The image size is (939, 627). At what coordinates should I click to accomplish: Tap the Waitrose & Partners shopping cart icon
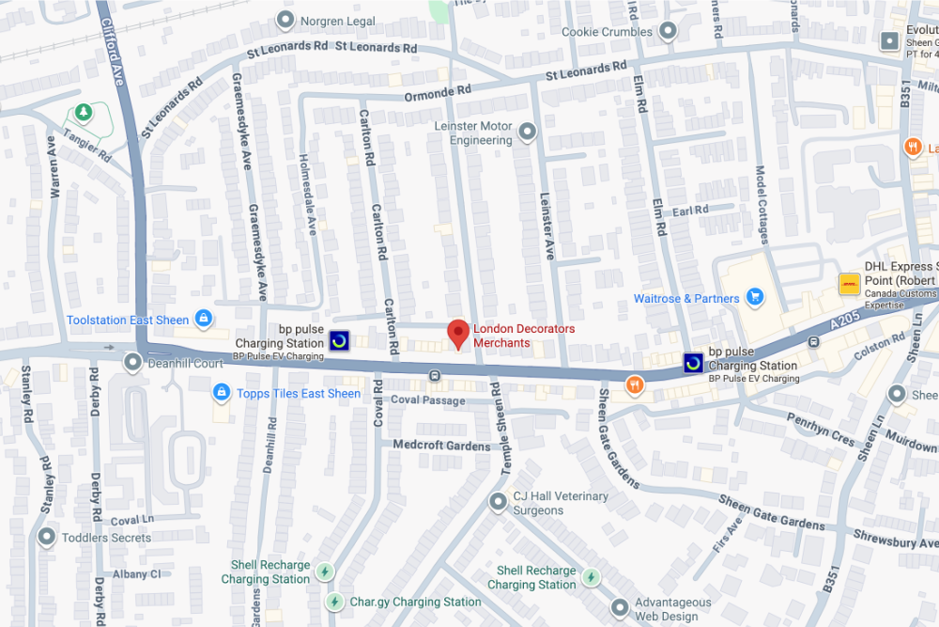(754, 298)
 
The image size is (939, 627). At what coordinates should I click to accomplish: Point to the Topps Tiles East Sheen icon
(221, 392)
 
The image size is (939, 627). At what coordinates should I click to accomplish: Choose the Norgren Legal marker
(285, 20)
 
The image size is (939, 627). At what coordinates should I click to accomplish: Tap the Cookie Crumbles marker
(668, 32)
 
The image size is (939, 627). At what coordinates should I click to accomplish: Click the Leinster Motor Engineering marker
(528, 133)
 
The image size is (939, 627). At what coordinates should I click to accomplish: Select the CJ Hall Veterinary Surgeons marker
(499, 502)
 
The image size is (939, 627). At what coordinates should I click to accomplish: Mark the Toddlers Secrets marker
(46, 537)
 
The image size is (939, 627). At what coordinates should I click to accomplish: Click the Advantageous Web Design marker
(619, 607)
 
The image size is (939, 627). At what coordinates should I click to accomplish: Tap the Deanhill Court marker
(134, 361)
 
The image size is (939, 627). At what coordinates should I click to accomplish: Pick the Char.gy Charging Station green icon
(334, 601)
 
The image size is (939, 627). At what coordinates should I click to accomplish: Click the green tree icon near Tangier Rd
(84, 113)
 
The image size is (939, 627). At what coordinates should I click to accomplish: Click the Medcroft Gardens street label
(441, 445)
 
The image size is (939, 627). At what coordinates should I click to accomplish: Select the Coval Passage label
(427, 400)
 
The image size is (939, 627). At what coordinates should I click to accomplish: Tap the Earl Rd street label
(690, 211)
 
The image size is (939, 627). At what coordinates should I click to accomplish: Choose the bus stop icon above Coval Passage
(435, 376)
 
